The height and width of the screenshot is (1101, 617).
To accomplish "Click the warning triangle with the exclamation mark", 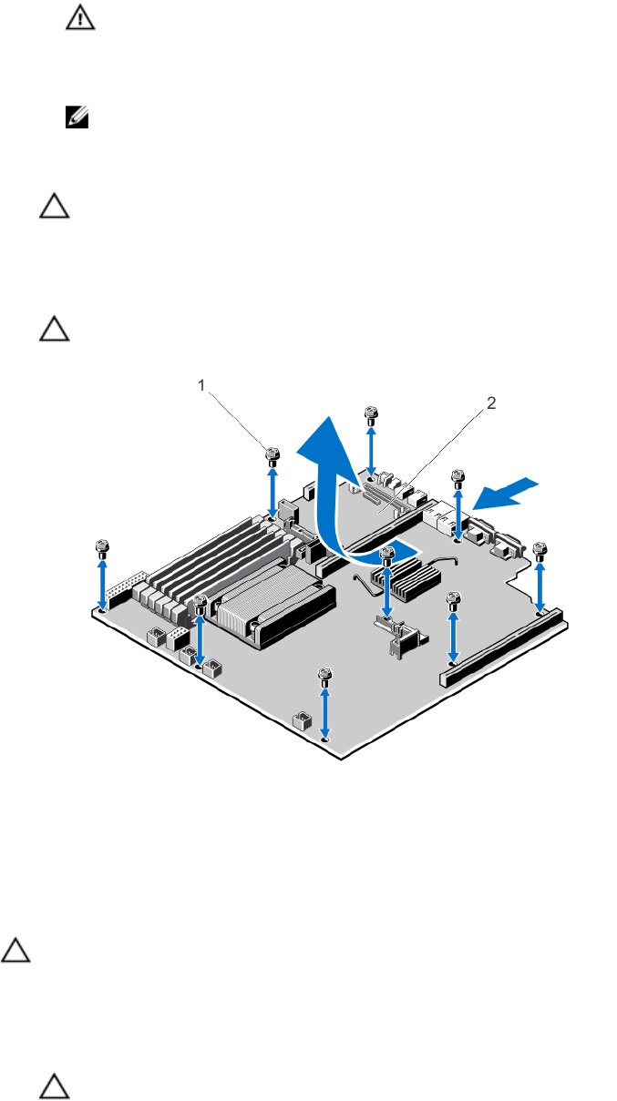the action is tap(80, 19).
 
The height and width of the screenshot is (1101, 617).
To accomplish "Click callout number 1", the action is tap(201, 385).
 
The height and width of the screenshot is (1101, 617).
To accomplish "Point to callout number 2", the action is tap(491, 403).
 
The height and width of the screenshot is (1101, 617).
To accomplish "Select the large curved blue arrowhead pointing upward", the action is tap(329, 447).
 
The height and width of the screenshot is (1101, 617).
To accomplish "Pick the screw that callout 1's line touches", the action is tap(273, 456).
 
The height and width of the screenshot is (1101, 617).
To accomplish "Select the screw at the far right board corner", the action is tap(540, 552).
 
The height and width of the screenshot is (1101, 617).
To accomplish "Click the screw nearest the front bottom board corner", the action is tap(324, 678).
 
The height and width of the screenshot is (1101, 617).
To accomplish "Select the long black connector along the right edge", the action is tap(503, 647).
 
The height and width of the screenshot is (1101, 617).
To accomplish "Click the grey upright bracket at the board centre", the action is tap(400, 637).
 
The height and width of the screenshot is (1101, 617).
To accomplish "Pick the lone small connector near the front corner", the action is tap(302, 720).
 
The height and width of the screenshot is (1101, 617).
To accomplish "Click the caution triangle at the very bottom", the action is tap(54, 1087).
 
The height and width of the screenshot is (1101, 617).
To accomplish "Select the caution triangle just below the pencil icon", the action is tap(54, 206).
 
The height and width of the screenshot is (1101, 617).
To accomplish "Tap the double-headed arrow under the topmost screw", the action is tap(371, 451).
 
